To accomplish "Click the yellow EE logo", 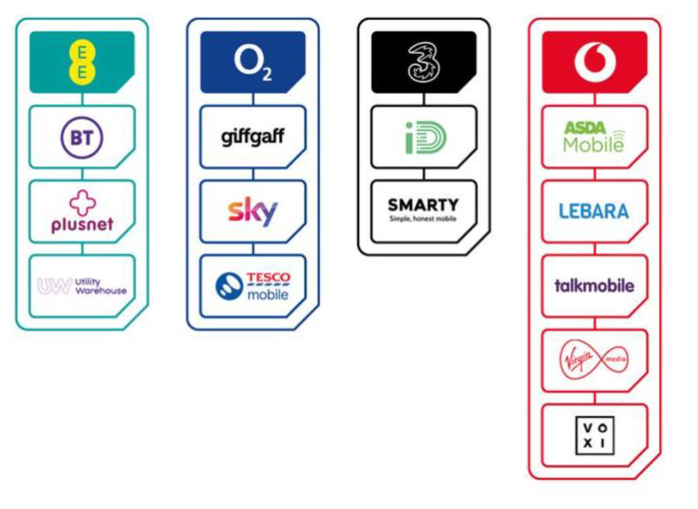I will coord(82,62).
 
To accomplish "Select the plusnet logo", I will coord(82,212).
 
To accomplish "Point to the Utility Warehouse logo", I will coord(82,286).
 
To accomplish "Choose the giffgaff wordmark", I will coord(253,136).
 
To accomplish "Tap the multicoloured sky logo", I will coord(253,211).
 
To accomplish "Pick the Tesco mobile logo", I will coord(253,286).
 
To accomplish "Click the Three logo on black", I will coord(423,62).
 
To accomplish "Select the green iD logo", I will coord(425,137).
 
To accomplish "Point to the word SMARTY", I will coord(423,206).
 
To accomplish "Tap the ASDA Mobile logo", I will coord(594,137).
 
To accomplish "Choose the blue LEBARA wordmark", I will coord(594,211).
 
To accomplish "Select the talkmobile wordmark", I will coord(594,285).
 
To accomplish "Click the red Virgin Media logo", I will coord(594,360).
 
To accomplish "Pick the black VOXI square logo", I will coord(594,435).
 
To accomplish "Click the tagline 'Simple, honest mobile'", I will coord(423,219).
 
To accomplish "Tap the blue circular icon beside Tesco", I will coord(230,287).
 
